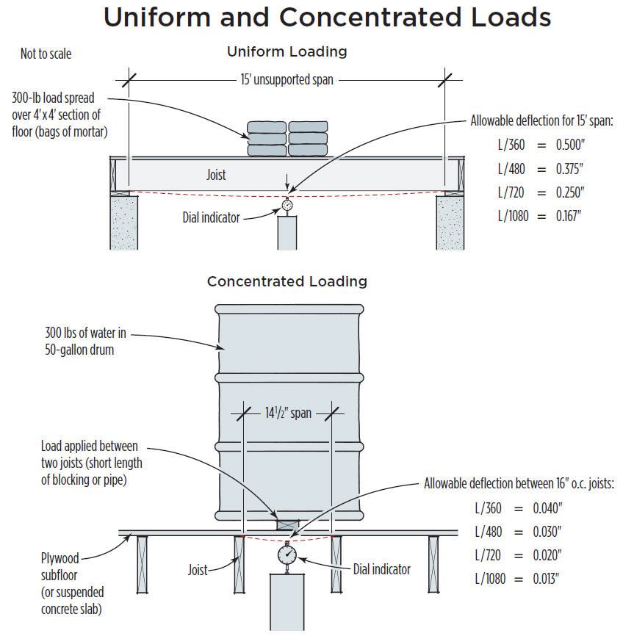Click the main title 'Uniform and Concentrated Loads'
tap(327, 17)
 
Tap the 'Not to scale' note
tap(46, 54)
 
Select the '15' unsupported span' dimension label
tap(287, 79)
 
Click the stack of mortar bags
tap(287, 139)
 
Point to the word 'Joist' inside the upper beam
tap(216, 175)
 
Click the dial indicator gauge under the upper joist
tap(287, 206)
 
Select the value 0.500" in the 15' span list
tap(569, 145)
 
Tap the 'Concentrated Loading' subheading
tap(287, 281)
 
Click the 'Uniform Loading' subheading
tap(287, 51)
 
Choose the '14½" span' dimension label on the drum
tap(288, 413)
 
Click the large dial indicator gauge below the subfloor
tap(287, 554)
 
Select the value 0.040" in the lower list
tap(547, 507)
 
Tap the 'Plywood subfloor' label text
tap(60, 567)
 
